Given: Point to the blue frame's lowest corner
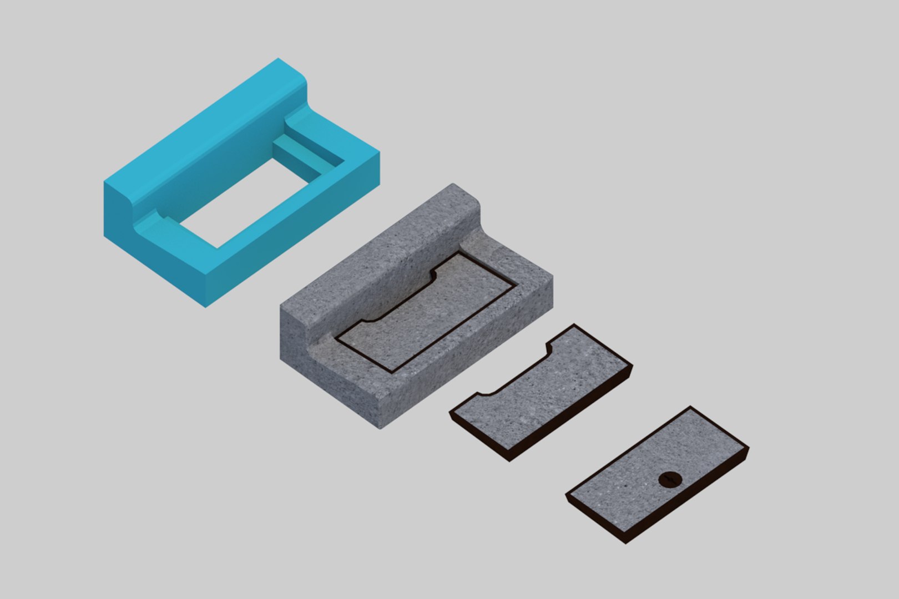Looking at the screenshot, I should pyautogui.click(x=206, y=306).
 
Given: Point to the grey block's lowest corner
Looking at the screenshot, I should pyautogui.click(x=380, y=428).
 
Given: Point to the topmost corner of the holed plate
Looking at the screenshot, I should pyautogui.click(x=690, y=407).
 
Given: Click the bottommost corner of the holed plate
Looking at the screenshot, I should pyautogui.click(x=626, y=542).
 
